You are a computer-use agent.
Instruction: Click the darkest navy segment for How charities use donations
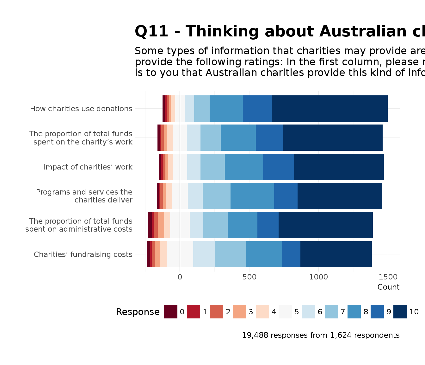click(x=330, y=108)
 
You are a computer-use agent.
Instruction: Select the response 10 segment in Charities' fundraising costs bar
click(x=336, y=254)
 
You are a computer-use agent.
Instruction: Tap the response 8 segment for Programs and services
click(x=252, y=196)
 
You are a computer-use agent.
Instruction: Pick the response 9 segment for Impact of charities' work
click(x=278, y=167)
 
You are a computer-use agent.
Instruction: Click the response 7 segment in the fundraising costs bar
click(x=231, y=254)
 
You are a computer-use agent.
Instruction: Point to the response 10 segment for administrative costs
click(x=325, y=225)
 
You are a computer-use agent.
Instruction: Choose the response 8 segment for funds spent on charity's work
click(x=238, y=138)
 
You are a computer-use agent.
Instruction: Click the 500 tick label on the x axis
click(x=249, y=277)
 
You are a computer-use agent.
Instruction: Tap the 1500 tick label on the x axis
click(x=388, y=277)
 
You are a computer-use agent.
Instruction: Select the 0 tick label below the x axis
click(x=180, y=277)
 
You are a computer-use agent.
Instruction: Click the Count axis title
click(x=388, y=287)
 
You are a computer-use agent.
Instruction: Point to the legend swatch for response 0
click(x=170, y=312)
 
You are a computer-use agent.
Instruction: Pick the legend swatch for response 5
click(x=285, y=312)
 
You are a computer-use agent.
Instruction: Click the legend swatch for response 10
click(x=400, y=312)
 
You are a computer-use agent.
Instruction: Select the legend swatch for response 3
click(x=239, y=312)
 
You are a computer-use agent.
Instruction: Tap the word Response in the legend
click(x=138, y=312)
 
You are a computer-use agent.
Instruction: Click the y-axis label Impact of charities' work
click(x=88, y=167)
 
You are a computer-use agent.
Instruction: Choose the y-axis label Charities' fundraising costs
click(x=83, y=254)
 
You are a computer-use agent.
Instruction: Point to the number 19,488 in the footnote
click(x=255, y=335)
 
